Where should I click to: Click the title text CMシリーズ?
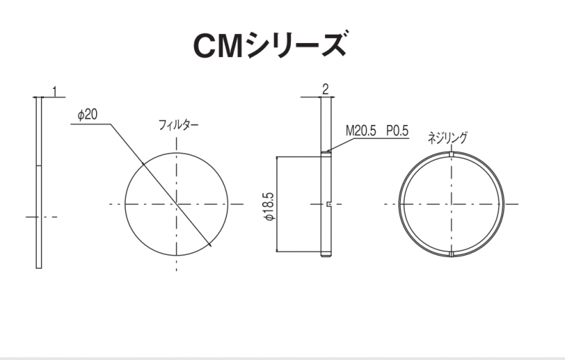(x=270, y=45)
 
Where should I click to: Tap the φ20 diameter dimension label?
(x=88, y=115)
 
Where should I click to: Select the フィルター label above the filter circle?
(x=179, y=125)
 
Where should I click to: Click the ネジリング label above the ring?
(x=448, y=138)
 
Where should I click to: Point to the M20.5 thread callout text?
(x=361, y=131)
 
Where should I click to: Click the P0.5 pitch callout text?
(x=398, y=131)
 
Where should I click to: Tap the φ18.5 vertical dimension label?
(x=270, y=206)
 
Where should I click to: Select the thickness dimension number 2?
(x=326, y=89)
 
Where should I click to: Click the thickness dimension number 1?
(x=55, y=92)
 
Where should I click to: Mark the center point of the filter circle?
(x=177, y=204)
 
